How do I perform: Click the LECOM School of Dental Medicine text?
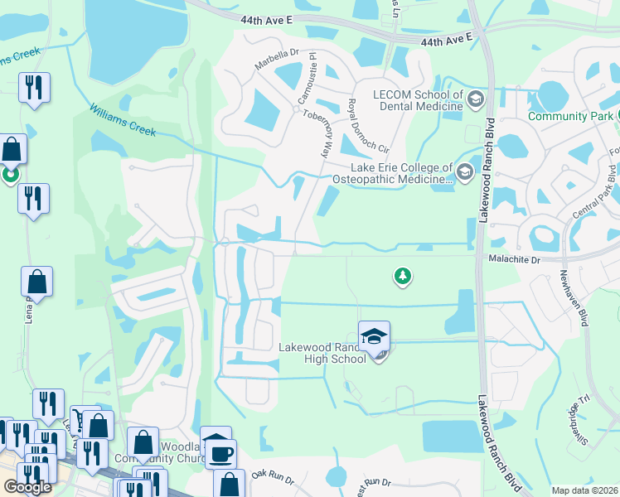click(x=417, y=100)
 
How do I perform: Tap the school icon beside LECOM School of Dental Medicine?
click(x=475, y=100)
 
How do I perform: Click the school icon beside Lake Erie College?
click(x=464, y=172)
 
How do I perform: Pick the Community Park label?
click(x=571, y=116)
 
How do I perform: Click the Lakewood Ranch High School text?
click(x=322, y=353)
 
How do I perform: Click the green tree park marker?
click(x=402, y=276)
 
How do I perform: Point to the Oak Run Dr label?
click(x=273, y=475)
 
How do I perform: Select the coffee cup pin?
click(x=221, y=454)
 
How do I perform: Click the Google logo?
click(x=27, y=487)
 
